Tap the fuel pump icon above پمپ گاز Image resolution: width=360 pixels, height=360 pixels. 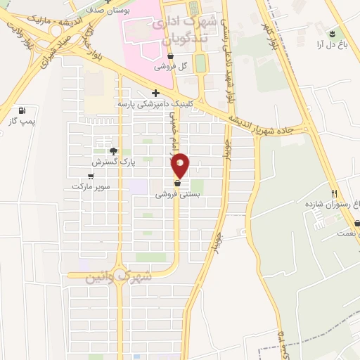[x=22, y=110]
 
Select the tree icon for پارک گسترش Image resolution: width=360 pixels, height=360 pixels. [x=112, y=150]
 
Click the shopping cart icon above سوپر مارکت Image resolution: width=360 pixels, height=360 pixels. [x=91, y=176]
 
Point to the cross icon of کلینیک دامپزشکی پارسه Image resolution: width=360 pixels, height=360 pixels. [x=155, y=93]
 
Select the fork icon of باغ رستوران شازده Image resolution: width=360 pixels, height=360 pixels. [x=335, y=193]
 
